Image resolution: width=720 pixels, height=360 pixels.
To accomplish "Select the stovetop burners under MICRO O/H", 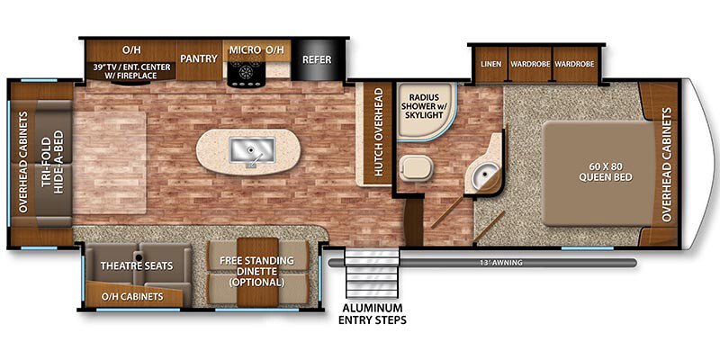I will click(x=246, y=73).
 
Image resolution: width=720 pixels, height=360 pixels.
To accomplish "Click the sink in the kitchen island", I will click(x=246, y=149).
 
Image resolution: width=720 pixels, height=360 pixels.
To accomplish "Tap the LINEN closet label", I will click(x=490, y=64).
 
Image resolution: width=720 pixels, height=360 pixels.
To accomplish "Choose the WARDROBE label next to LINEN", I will click(x=529, y=64).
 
